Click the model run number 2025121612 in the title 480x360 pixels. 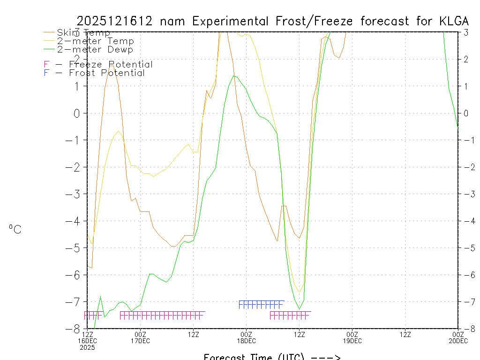(115, 21)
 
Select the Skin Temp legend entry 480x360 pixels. (83, 33)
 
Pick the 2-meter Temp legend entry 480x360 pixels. (95, 41)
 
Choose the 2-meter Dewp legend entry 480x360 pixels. (95, 49)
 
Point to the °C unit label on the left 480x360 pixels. (15, 229)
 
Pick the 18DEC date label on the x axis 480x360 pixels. (246, 341)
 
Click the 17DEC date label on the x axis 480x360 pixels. (140, 341)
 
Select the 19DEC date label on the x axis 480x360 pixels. (352, 341)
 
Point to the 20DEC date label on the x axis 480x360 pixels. (457, 341)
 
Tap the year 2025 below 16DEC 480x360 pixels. (87, 347)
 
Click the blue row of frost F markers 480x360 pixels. (261, 305)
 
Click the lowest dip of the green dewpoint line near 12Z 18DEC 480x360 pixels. (300, 308)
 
